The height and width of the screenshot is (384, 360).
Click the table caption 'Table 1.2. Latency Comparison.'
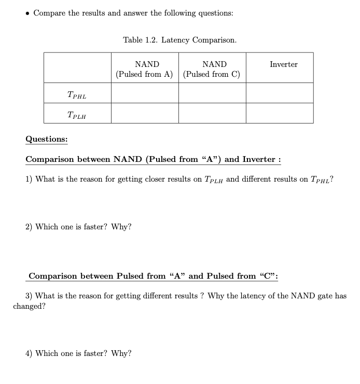coord(179,40)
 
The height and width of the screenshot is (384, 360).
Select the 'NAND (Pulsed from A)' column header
coord(145,69)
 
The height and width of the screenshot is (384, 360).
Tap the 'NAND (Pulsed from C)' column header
coord(212,69)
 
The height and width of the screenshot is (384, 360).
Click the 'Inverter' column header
coord(284,64)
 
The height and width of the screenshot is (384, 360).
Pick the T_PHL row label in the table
coord(77,95)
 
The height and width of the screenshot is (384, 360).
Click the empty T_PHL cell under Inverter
coord(280,93)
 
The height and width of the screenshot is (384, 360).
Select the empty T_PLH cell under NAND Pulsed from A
coord(145,113)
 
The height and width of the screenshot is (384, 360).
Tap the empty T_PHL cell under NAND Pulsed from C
coord(212,93)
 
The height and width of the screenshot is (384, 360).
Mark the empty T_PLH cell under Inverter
coord(280,113)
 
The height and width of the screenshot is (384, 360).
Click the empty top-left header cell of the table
coord(77,67)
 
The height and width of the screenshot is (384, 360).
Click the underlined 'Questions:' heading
coord(47,139)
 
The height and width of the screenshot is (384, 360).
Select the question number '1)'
coord(29,180)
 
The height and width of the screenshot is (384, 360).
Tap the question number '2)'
coord(29,227)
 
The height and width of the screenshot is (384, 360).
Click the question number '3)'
coord(30,296)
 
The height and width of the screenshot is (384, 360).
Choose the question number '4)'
coord(29,353)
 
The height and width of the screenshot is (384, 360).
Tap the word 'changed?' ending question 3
coord(29,306)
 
